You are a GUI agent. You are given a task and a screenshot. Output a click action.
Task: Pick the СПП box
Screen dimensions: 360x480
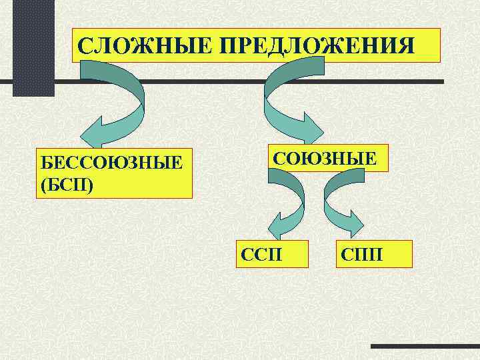[375, 253]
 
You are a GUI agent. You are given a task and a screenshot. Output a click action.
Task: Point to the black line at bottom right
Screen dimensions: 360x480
[424, 346]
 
